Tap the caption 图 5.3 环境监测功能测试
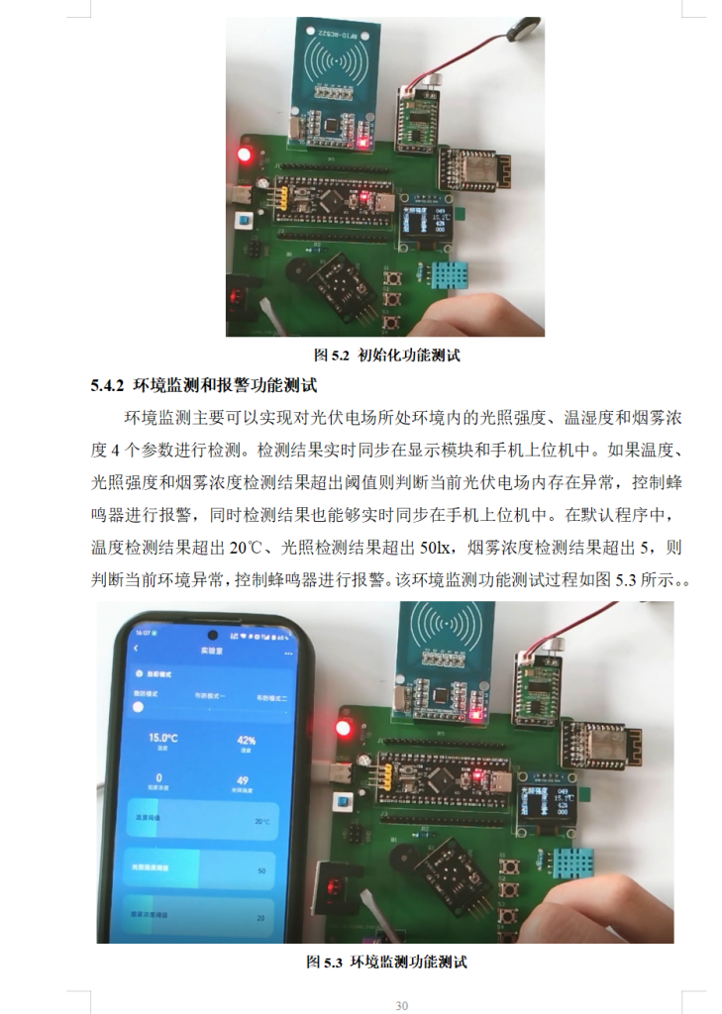coord(386,962)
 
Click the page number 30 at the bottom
coord(401,1006)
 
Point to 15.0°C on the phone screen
coord(163,738)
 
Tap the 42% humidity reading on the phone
coord(246,740)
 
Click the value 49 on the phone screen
coord(243,779)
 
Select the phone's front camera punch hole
coord(211,634)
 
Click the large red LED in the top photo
coord(245,154)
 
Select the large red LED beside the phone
coord(344,729)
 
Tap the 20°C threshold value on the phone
coord(261,821)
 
